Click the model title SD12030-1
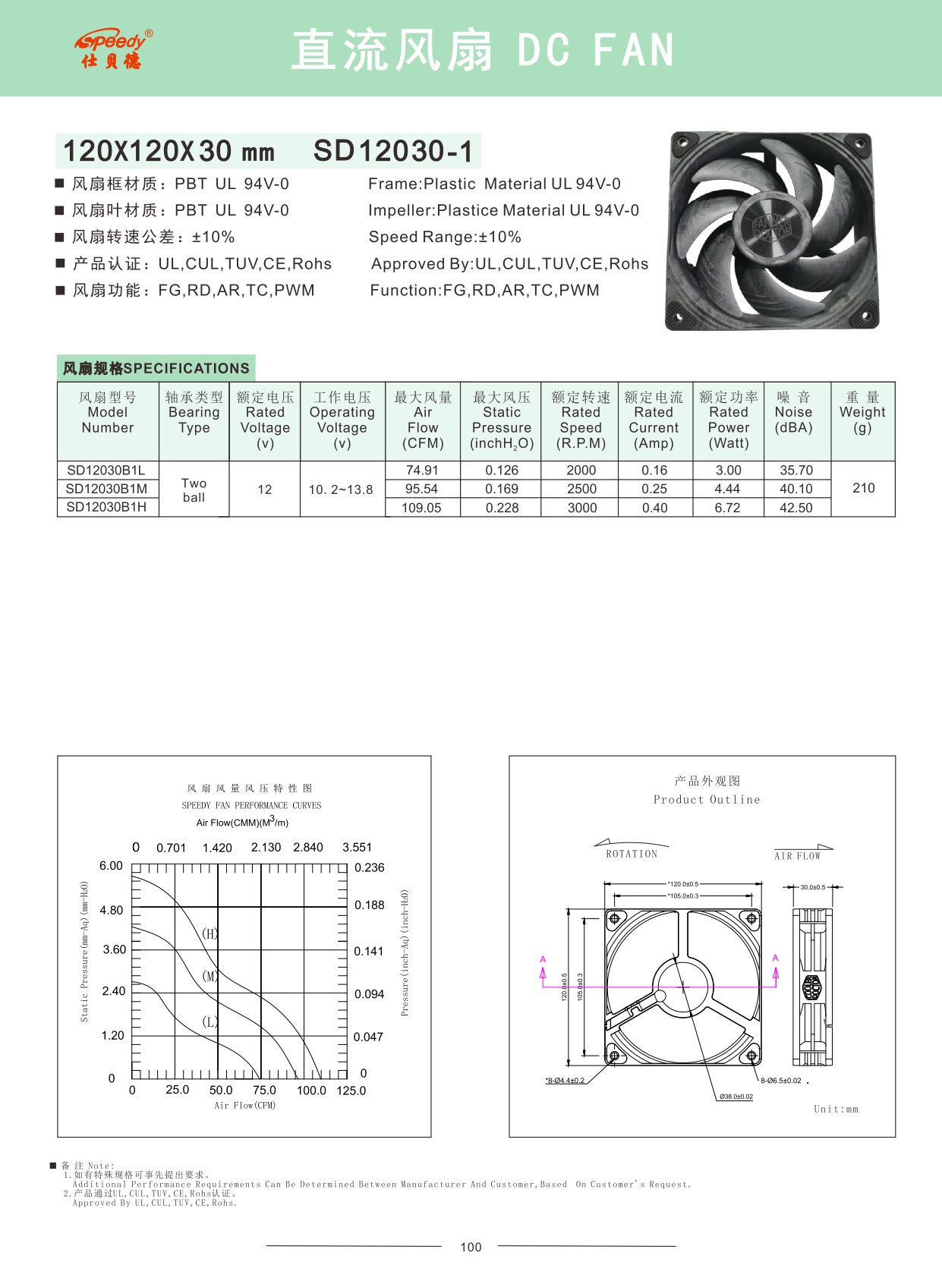click(392, 151)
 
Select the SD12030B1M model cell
click(106, 489)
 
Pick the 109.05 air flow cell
click(421, 508)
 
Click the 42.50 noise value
click(796, 508)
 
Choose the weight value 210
click(863, 488)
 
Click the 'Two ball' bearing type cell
click(194, 489)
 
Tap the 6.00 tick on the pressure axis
click(111, 866)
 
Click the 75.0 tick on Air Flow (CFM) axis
click(264, 1090)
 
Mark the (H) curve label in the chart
click(210, 933)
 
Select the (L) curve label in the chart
click(210, 1021)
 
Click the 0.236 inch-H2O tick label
click(370, 867)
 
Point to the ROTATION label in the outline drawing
click(632, 854)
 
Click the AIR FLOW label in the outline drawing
click(797, 856)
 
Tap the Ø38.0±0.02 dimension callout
click(736, 1096)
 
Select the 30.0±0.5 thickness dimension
click(812, 886)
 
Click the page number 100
click(471, 1247)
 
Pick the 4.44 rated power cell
click(727, 489)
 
